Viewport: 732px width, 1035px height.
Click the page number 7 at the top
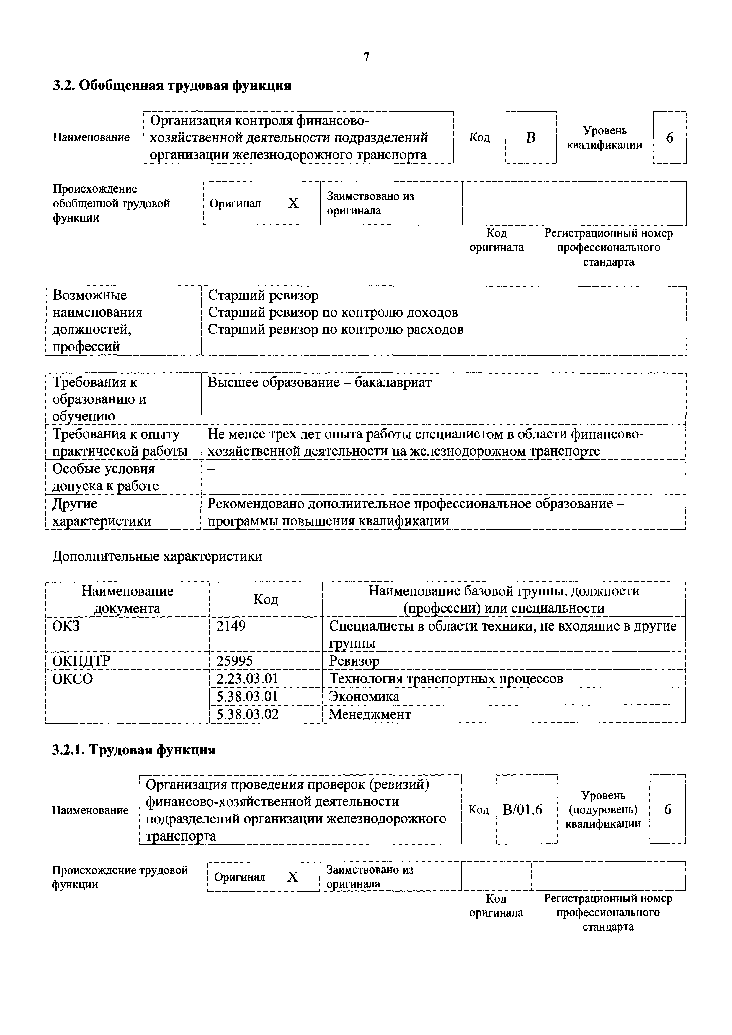point(366,57)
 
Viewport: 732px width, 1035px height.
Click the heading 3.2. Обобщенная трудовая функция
point(172,85)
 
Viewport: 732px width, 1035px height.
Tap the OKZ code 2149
point(231,626)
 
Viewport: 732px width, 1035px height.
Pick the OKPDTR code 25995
point(235,661)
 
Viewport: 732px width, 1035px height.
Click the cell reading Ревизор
point(354,661)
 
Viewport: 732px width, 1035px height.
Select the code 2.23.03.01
point(247,678)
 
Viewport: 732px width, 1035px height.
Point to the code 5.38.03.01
point(247,697)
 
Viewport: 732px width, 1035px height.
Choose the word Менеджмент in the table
point(370,714)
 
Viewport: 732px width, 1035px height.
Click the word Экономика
point(364,697)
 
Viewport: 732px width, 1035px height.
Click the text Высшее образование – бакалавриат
point(319,382)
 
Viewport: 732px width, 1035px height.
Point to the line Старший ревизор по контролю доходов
point(333,312)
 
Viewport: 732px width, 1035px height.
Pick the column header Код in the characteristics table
point(266,599)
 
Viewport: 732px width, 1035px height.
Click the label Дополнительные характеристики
point(157,556)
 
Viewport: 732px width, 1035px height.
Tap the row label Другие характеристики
point(102,512)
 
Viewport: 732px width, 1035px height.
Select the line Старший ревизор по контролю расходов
point(336,330)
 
